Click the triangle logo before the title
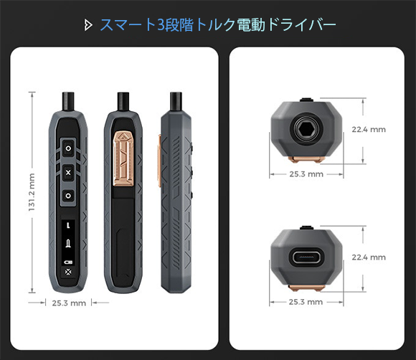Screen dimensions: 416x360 [88, 26]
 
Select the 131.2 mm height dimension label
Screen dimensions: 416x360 [32, 192]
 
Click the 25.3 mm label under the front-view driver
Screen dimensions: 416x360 [69, 303]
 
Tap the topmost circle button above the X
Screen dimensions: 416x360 [68, 148]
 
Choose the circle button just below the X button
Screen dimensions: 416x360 [68, 196]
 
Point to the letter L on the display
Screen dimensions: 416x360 [68, 226]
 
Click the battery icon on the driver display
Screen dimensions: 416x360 [68, 262]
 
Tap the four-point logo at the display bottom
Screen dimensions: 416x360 [68, 273]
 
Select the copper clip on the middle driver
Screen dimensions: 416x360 [123, 158]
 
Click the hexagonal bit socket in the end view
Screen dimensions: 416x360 [306, 131]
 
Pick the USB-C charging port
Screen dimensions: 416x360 [307, 257]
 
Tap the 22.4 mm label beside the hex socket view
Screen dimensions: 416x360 [369, 130]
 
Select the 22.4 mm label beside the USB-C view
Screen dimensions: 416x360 [369, 257]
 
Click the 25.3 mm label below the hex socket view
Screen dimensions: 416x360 [306, 174]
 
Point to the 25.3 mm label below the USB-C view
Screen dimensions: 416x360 [306, 302]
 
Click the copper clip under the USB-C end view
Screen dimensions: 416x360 [307, 288]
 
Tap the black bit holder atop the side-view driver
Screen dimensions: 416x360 [176, 101]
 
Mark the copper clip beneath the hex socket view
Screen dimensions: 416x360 [307, 160]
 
